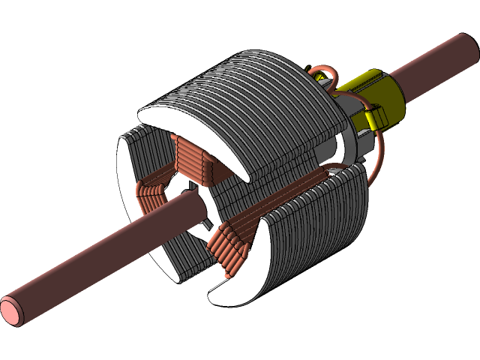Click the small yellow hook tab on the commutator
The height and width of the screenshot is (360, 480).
tap(376, 118)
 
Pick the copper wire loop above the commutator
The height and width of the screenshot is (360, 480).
tap(322, 73)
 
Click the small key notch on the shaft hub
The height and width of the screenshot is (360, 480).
tap(204, 223)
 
